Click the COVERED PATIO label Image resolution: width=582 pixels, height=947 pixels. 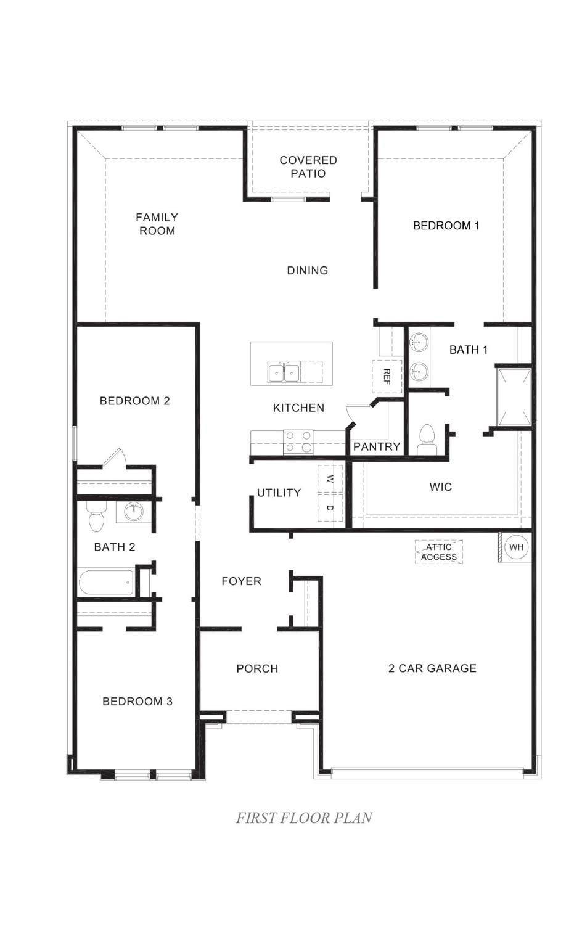click(308, 166)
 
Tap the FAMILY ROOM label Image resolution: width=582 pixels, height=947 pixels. click(157, 224)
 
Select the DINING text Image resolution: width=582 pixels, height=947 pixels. click(307, 270)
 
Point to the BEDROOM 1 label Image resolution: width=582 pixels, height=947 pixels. click(446, 225)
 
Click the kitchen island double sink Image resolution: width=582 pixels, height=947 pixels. click(284, 372)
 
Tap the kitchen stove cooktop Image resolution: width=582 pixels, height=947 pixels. click(298, 442)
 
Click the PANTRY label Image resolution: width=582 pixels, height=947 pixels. click(377, 446)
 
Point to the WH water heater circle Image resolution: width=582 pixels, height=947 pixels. click(516, 547)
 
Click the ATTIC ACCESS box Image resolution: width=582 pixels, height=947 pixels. click(439, 552)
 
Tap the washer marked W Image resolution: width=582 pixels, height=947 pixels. click(330, 478)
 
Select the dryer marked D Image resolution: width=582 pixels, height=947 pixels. click(330, 507)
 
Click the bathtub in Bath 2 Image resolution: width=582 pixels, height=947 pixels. click(107, 583)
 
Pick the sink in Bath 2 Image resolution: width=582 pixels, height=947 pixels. click(134, 512)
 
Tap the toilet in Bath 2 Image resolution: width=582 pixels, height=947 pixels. click(96, 518)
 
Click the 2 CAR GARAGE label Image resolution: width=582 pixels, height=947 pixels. click(432, 668)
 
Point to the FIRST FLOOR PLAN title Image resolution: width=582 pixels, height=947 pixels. click(304, 818)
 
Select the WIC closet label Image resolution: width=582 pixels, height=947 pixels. click(440, 486)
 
